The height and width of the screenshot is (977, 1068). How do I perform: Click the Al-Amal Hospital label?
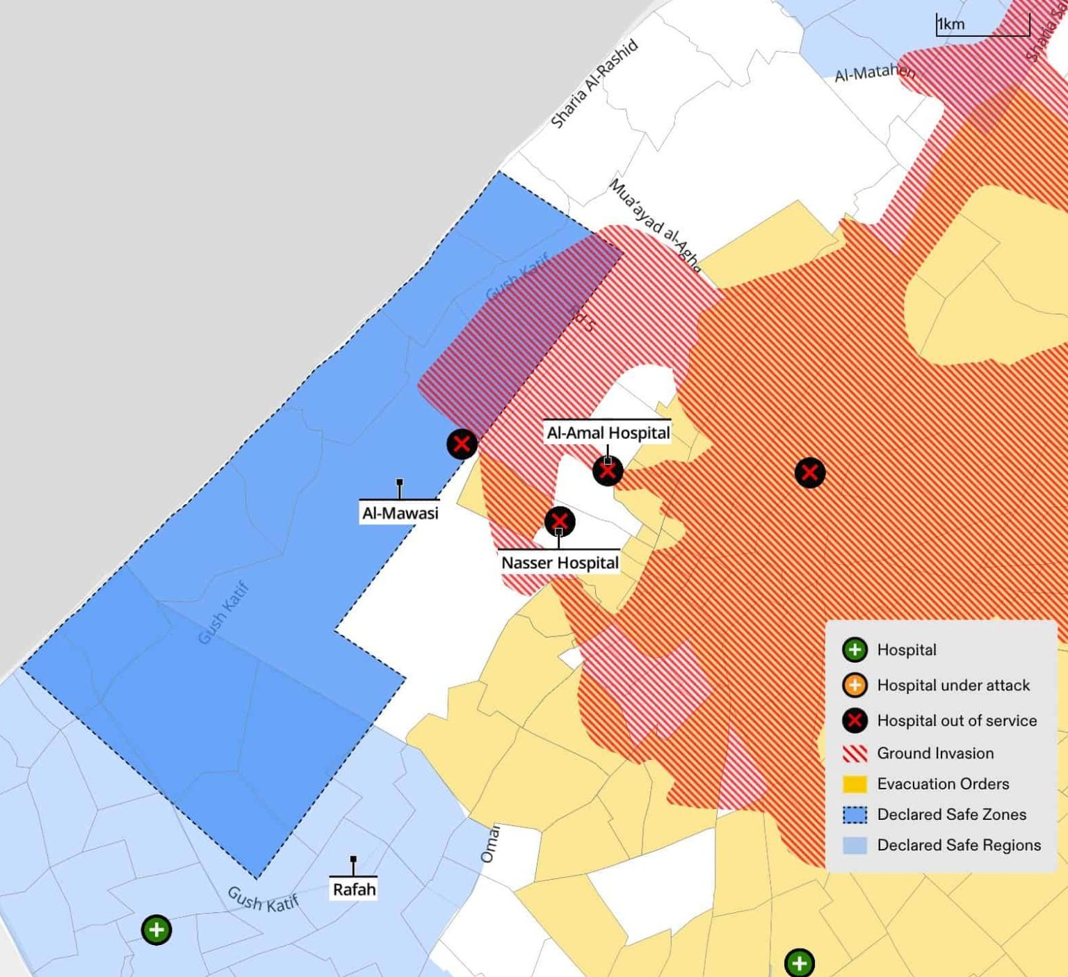click(x=608, y=433)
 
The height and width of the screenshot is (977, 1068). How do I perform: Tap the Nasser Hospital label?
click(x=560, y=563)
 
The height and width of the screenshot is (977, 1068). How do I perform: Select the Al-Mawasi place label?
click(x=400, y=513)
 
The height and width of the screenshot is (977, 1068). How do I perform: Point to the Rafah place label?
click(x=354, y=889)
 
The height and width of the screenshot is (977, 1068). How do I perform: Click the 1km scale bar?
click(x=982, y=26)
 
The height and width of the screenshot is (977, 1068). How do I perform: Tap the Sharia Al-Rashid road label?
click(x=594, y=84)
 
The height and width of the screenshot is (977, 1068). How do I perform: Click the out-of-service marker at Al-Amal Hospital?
click(x=608, y=471)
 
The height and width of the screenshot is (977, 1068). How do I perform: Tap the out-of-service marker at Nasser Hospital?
click(x=560, y=522)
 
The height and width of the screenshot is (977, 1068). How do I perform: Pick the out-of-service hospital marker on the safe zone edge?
click(x=462, y=444)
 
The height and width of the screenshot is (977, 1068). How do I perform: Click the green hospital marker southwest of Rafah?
click(x=156, y=930)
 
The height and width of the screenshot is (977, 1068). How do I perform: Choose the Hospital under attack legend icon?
click(x=855, y=686)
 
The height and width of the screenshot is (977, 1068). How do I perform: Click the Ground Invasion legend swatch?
click(x=855, y=753)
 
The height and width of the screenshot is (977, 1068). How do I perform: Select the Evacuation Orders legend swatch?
click(x=855, y=784)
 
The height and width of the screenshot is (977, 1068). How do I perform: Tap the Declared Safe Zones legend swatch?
click(x=855, y=814)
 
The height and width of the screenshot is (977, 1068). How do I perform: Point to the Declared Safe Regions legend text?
click(x=959, y=845)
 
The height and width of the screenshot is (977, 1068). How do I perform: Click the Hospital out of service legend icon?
click(x=855, y=720)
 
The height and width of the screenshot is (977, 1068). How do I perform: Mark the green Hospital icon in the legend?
click(x=855, y=649)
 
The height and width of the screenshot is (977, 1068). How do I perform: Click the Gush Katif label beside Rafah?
click(x=263, y=900)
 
